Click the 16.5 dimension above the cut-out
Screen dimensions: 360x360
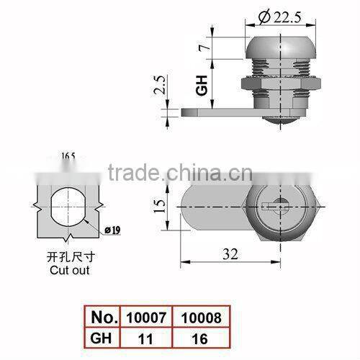tap(69, 154)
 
